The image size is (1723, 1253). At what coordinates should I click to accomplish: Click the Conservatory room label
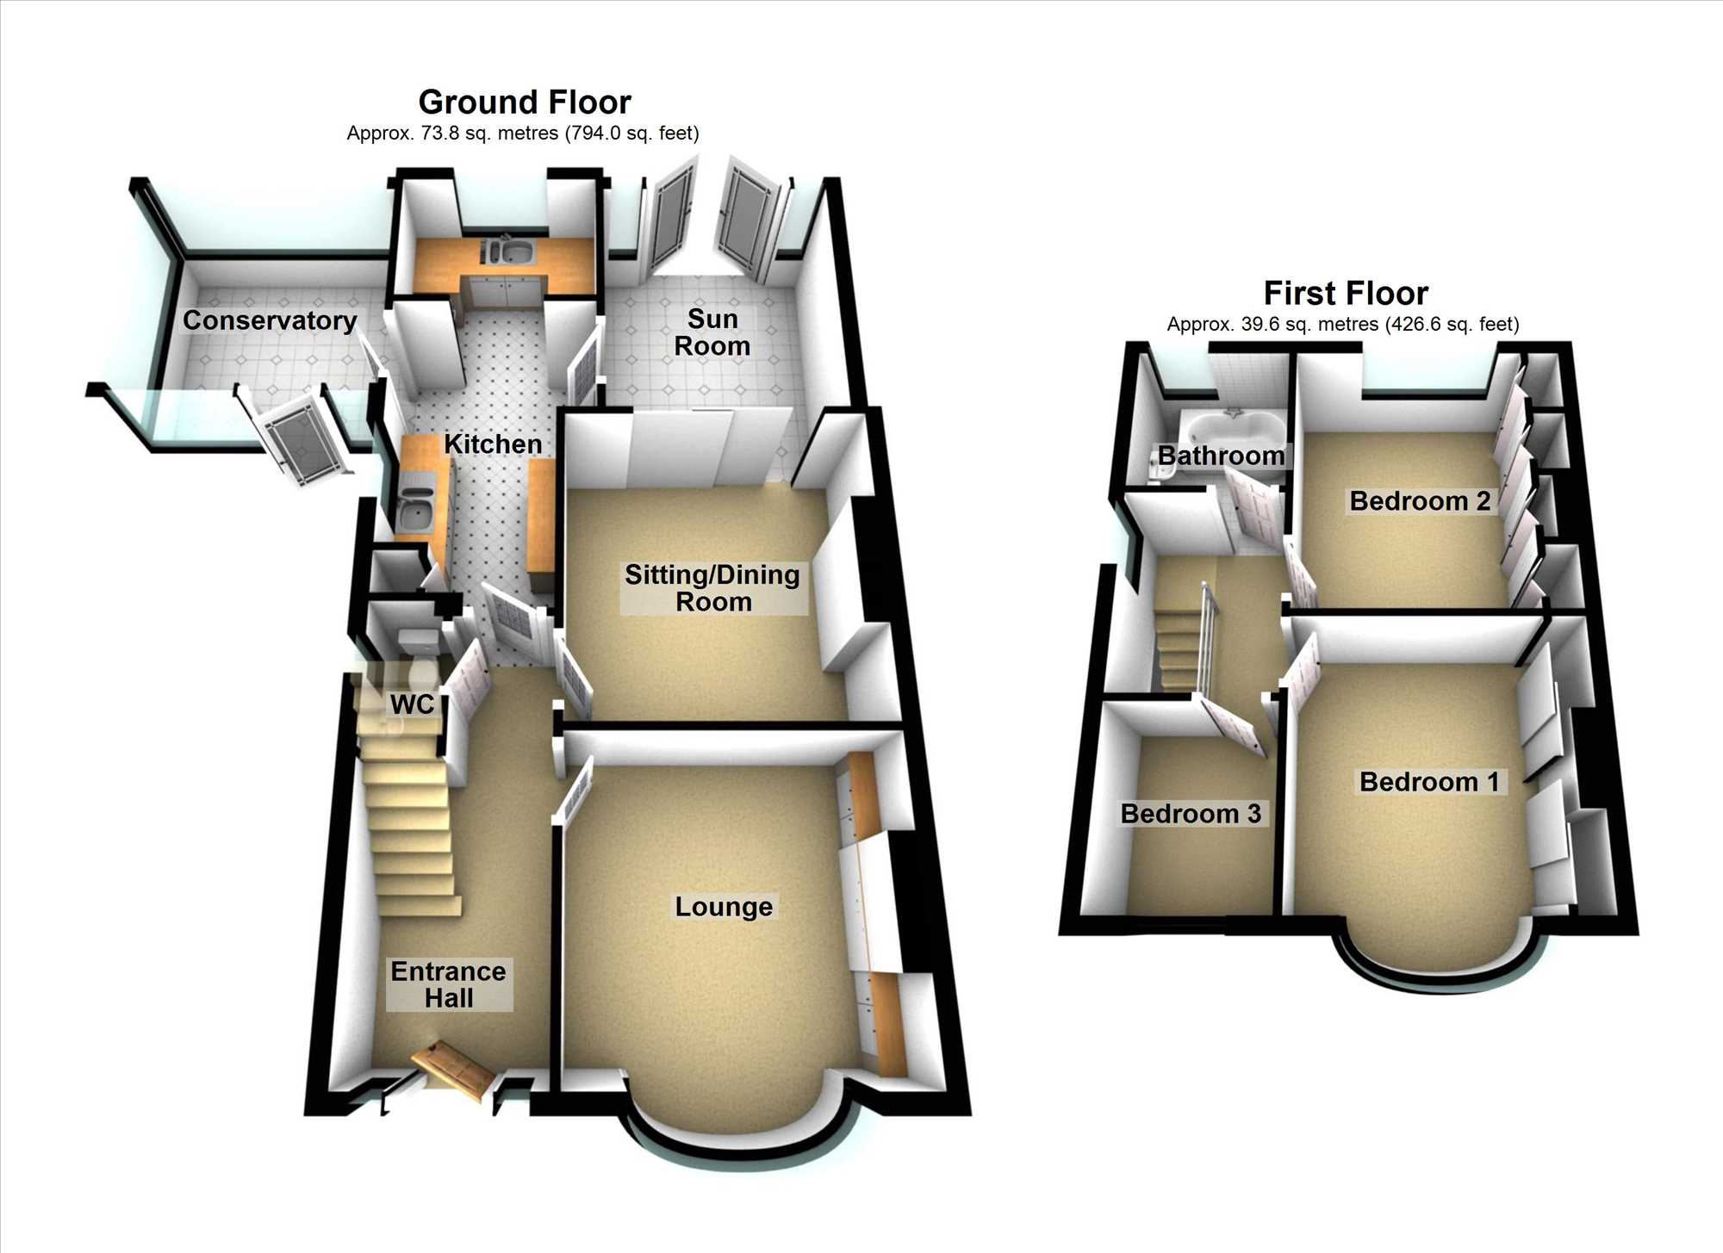[270, 320]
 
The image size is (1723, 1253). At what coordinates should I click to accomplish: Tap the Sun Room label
[712, 332]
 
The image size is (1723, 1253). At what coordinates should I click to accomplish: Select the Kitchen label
[493, 444]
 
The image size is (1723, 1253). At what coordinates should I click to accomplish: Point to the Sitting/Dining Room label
[712, 588]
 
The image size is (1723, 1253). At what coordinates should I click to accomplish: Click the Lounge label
[724, 906]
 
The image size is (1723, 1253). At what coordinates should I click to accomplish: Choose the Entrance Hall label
[448, 984]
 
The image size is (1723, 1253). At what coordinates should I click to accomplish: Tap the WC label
[412, 704]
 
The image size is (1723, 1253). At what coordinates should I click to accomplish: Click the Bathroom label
[1221, 456]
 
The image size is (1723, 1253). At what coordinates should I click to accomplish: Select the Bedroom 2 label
[1420, 500]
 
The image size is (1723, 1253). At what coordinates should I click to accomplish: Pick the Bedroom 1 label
[1429, 781]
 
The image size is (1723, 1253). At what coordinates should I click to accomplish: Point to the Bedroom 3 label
[1191, 813]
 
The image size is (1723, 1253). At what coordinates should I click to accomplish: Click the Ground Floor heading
[525, 102]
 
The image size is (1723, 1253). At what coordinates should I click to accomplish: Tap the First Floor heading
[1346, 294]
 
